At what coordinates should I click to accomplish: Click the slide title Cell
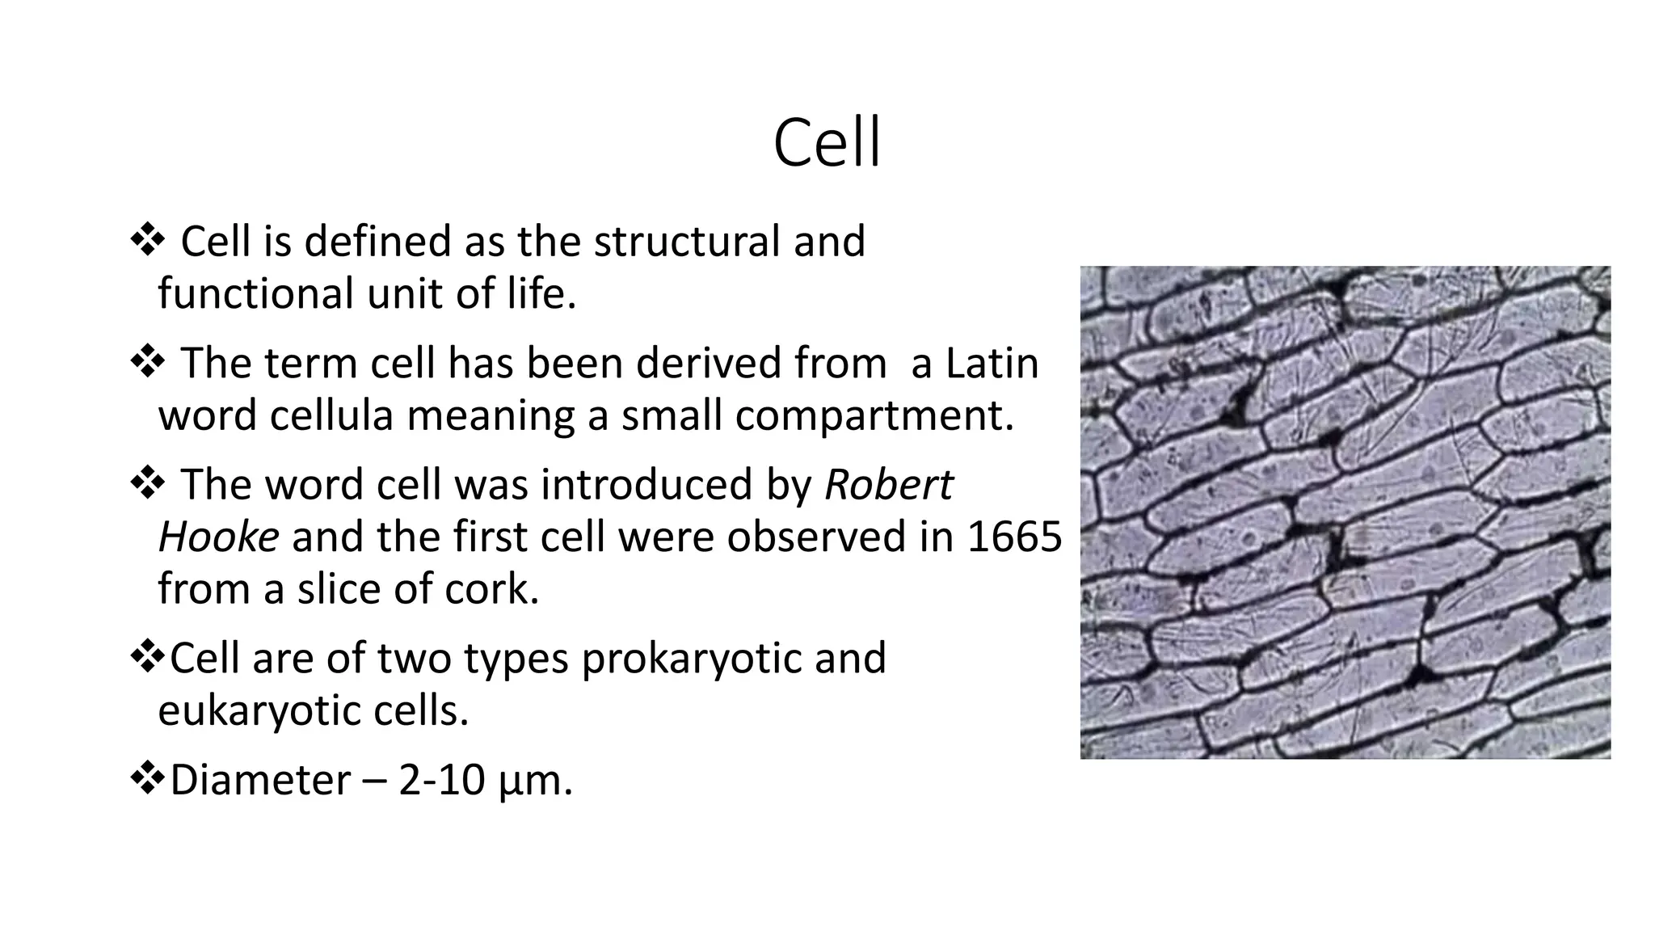(x=827, y=143)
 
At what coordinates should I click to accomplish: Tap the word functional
(x=256, y=293)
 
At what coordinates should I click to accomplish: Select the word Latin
(x=992, y=363)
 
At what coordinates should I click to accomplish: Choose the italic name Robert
(x=889, y=485)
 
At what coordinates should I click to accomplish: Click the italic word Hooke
(x=218, y=537)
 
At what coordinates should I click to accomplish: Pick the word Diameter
(x=260, y=780)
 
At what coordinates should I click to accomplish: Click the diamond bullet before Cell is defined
(x=147, y=241)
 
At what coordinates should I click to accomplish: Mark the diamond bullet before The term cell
(x=147, y=363)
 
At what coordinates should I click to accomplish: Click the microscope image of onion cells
(x=1345, y=512)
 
